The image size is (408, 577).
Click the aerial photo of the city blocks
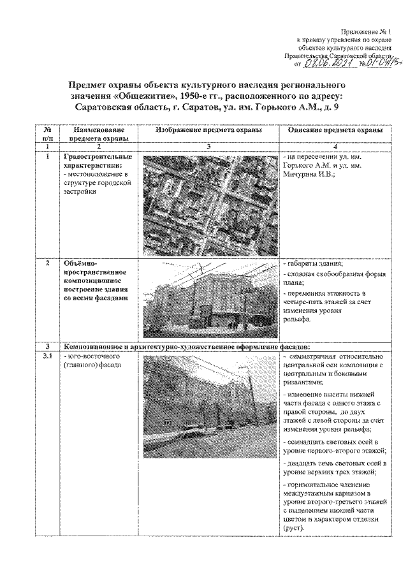click(x=208, y=201)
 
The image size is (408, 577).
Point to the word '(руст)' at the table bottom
click(x=293, y=529)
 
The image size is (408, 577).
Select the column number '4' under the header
click(x=335, y=146)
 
